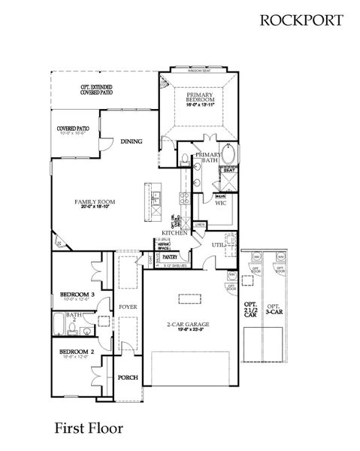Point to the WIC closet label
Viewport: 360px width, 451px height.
[220, 203]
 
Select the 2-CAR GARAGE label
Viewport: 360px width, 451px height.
[188, 325]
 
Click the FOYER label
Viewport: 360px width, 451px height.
[127, 307]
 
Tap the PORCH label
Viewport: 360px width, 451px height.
[127, 377]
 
